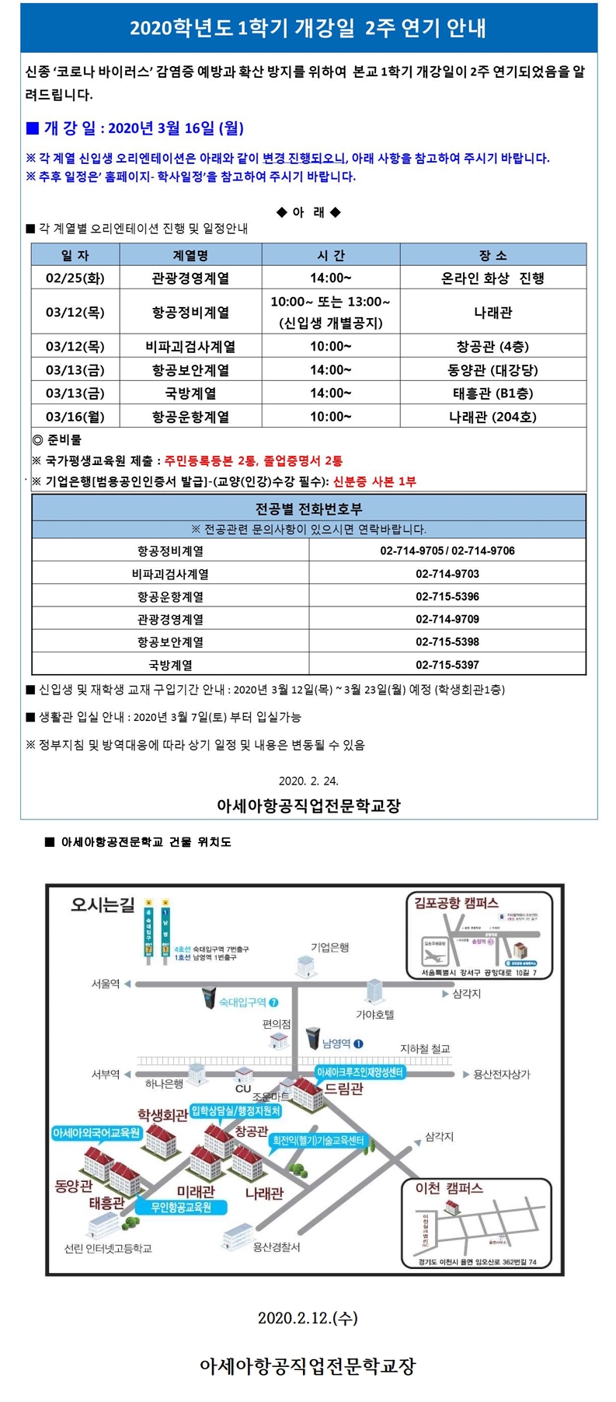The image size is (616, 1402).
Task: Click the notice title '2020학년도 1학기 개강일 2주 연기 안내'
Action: [308, 29]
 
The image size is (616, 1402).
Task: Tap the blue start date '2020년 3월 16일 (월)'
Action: [176, 128]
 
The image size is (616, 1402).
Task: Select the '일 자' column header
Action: [75, 255]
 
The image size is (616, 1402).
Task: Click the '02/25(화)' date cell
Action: [75, 278]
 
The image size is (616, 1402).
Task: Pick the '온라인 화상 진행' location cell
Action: [492, 278]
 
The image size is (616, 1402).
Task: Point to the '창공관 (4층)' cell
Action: [492, 347]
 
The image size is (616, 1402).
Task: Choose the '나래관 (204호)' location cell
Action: [492, 417]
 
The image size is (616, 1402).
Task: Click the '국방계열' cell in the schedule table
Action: [190, 393]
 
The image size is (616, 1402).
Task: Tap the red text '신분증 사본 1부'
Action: [374, 481]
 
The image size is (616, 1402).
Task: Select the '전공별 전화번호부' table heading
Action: [308, 509]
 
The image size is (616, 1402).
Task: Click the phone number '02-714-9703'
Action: [447, 574]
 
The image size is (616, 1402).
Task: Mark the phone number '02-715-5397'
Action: [447, 665]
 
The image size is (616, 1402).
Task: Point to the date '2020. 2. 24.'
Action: [308, 781]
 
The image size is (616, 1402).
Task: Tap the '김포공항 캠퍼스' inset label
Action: [456, 903]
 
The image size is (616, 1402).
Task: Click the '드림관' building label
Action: [343, 1089]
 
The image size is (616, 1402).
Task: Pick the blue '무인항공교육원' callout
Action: [181, 1208]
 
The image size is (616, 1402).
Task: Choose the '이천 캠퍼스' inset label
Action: [449, 1188]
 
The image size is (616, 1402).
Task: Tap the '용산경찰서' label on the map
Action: [277, 1247]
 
